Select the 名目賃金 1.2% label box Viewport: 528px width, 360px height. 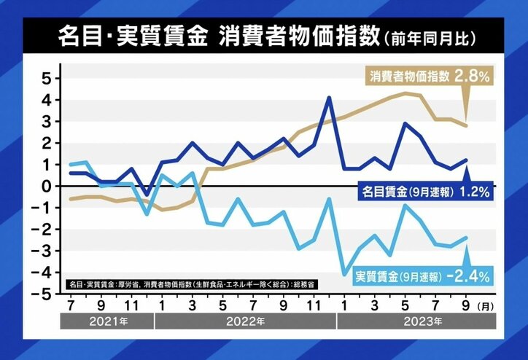[425, 193]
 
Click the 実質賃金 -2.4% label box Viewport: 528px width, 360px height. [423, 277]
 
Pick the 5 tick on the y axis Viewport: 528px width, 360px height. [45, 78]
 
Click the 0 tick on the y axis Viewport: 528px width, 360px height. [45, 186]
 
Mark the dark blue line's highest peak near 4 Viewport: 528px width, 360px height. [329, 97]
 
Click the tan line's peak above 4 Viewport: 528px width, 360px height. [405, 93]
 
